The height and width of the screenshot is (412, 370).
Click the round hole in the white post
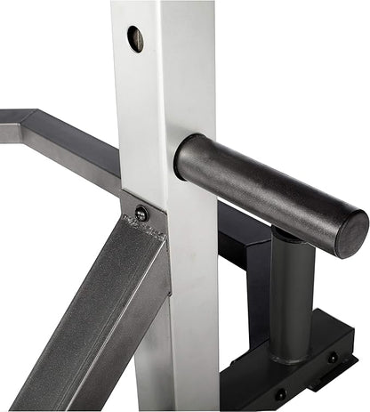pyautogui.click(x=135, y=38)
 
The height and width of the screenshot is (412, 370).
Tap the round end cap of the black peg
pyautogui.click(x=351, y=232)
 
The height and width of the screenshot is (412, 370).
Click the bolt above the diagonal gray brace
pyautogui.click(x=141, y=213)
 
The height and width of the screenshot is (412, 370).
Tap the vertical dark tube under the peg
pyautogui.click(x=291, y=294)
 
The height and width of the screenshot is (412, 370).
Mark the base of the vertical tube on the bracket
pyautogui.click(x=291, y=356)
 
